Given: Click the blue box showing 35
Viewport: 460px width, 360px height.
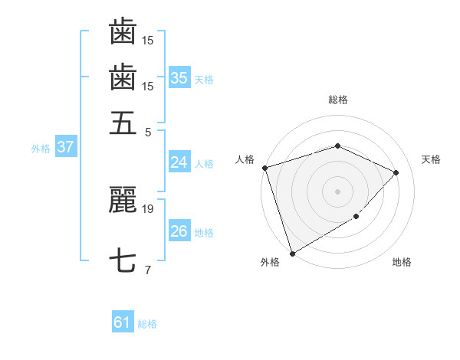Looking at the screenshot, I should tap(179, 77).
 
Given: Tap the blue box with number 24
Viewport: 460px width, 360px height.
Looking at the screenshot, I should tap(179, 162).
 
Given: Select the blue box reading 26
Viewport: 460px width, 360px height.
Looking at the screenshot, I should tap(179, 231).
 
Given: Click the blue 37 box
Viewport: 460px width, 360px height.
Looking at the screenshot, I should tap(65, 147).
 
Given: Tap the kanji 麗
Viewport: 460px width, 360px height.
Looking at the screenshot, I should tap(123, 200).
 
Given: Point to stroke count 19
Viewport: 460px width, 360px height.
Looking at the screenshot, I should tap(147, 208).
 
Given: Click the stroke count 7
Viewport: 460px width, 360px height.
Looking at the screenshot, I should tap(147, 270).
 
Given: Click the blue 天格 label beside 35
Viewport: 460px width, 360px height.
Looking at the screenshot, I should tap(204, 79).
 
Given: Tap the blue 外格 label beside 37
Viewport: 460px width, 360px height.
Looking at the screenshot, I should tap(41, 149).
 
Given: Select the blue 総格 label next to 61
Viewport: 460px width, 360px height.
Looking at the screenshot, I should tap(147, 324).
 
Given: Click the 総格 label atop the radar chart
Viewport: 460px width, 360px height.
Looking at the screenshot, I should tap(338, 100).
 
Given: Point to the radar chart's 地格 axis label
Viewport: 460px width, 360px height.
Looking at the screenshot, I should tap(402, 263).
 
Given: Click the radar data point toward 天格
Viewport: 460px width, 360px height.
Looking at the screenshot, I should tap(396, 172).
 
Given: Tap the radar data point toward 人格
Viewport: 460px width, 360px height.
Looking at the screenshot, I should tap(264, 168).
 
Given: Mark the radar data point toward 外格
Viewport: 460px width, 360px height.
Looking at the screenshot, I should tap(293, 254).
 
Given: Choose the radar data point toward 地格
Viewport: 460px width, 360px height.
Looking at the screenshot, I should tap(357, 218).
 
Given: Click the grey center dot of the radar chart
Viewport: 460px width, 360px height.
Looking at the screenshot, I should tap(338, 191).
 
